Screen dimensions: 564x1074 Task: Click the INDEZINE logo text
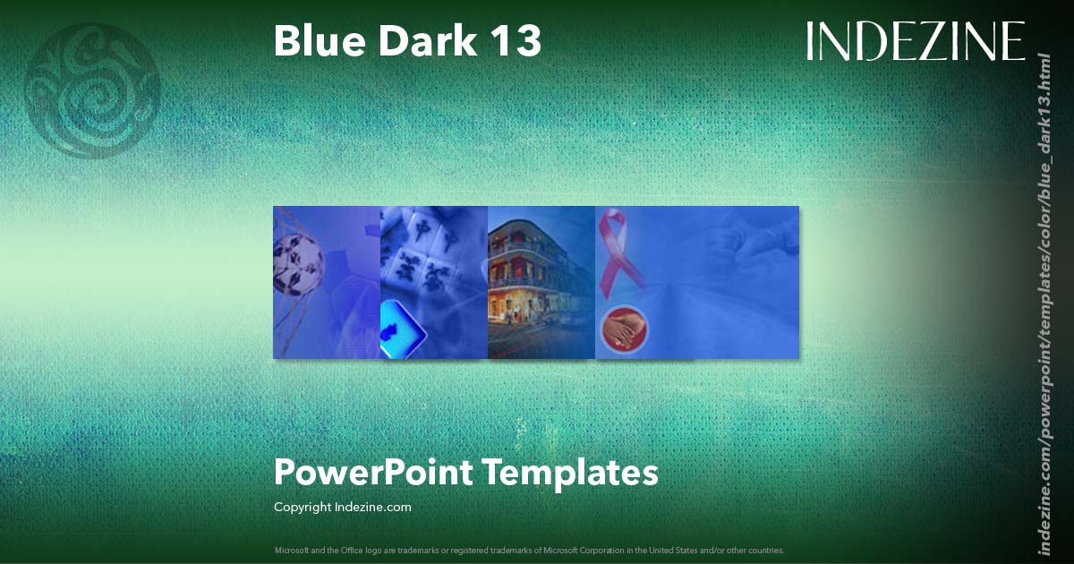click(x=915, y=41)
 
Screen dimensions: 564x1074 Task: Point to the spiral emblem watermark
click(x=93, y=90)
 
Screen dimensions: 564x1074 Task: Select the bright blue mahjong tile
click(x=404, y=329)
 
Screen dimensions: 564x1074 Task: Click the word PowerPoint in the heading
click(x=373, y=472)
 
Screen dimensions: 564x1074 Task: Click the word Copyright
click(x=303, y=507)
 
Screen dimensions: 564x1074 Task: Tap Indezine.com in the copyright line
click(x=372, y=507)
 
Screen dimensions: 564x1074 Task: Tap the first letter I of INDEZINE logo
click(x=811, y=41)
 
